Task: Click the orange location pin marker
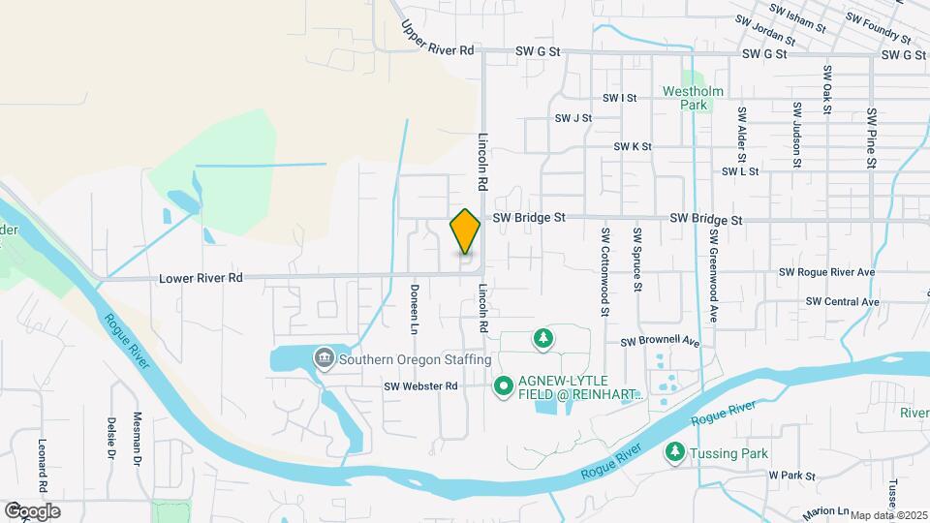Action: (x=466, y=231)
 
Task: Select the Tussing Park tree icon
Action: (x=674, y=451)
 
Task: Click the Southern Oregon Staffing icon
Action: (x=323, y=359)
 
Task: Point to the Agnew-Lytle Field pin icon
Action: (x=504, y=387)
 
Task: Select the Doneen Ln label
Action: (x=413, y=315)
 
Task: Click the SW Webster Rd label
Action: (x=420, y=386)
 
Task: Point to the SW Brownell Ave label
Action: (x=660, y=342)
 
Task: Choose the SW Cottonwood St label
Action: (x=604, y=272)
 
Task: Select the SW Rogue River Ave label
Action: (x=822, y=272)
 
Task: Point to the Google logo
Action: (x=32, y=510)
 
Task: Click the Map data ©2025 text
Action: (x=889, y=515)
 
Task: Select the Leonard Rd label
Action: (x=43, y=462)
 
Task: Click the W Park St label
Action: (x=792, y=476)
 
